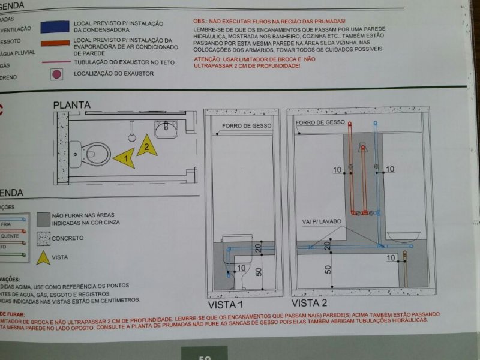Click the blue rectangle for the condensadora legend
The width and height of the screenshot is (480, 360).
point(54,27)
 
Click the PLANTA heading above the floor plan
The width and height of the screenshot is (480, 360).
point(72,106)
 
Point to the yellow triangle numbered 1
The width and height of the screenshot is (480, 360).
point(124,158)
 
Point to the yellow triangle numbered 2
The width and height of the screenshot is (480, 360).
point(146,146)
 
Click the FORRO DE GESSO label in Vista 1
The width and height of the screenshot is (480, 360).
point(246,126)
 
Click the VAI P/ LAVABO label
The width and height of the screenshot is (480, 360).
point(322,221)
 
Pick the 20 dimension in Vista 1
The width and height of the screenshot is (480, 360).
point(257,248)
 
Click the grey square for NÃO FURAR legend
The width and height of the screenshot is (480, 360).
point(43,218)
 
